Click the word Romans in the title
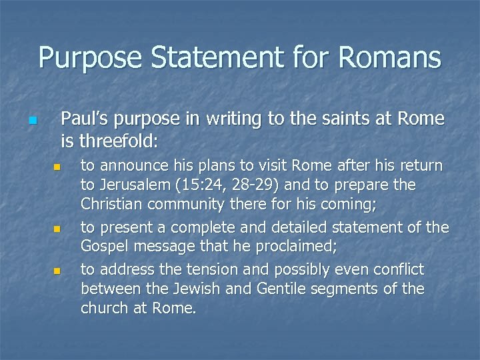(390, 57)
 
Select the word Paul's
(85, 119)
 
